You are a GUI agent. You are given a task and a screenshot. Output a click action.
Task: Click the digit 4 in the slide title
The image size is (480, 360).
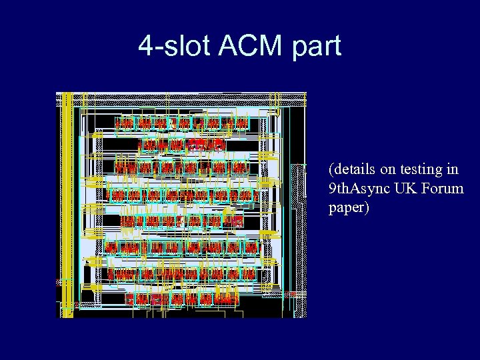(145, 46)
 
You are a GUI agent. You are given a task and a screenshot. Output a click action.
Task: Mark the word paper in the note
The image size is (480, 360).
(345, 209)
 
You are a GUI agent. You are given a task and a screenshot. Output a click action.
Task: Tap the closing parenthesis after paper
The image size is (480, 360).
(366, 209)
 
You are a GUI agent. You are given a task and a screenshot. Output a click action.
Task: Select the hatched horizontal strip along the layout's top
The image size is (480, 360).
(187, 99)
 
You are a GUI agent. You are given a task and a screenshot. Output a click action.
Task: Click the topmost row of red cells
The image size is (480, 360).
(181, 124)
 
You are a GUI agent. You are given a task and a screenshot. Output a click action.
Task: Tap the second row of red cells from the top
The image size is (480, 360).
(181, 145)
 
